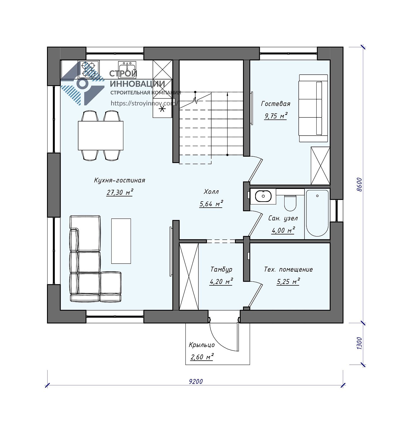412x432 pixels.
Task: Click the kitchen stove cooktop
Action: [x=89, y=69]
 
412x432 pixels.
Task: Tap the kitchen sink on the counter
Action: [x=127, y=69]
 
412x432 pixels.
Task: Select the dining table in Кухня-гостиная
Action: [x=101, y=135]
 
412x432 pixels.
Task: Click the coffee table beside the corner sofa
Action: [x=121, y=241]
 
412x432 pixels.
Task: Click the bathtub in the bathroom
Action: [x=317, y=213]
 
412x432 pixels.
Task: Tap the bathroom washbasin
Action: [x=263, y=196]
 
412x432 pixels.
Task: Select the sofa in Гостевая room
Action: [x=313, y=108]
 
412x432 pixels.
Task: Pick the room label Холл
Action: [x=211, y=192]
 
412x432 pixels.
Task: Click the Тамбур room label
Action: [x=221, y=269]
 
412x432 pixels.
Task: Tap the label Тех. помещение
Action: [x=288, y=269]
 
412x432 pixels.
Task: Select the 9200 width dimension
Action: [x=196, y=382]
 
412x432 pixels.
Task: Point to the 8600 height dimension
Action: [x=359, y=185]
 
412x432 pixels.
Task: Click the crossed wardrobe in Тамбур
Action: [x=189, y=276]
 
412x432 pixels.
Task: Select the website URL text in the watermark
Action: [x=144, y=103]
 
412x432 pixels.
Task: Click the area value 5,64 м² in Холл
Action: [x=211, y=204]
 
